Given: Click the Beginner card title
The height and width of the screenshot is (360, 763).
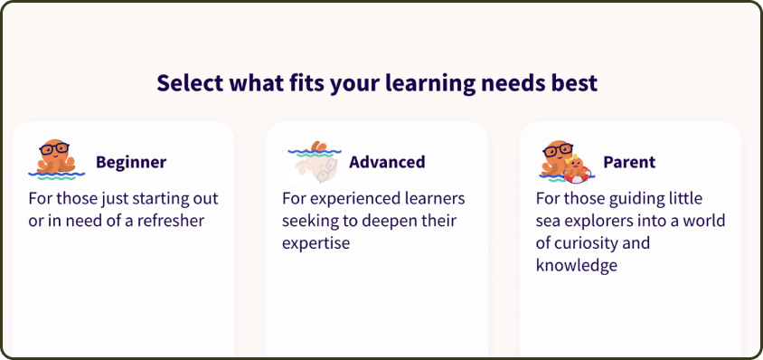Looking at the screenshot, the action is (x=131, y=162).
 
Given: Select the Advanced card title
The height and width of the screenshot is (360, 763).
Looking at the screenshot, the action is (x=387, y=162).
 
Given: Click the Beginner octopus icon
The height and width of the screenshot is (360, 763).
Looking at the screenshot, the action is (x=56, y=160).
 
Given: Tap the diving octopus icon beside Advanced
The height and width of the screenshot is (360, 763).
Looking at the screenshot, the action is (x=315, y=162).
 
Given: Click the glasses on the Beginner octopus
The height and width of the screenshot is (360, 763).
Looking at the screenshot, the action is (x=54, y=148).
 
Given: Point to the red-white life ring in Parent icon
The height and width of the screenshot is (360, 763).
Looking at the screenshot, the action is (x=578, y=175).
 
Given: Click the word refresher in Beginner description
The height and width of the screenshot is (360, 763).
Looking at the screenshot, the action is (x=170, y=221).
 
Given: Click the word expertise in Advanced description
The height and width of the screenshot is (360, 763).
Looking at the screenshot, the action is (x=316, y=242).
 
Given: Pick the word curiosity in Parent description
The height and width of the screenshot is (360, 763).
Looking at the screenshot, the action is (x=588, y=242).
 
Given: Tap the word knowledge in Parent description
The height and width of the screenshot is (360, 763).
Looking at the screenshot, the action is (x=577, y=265).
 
